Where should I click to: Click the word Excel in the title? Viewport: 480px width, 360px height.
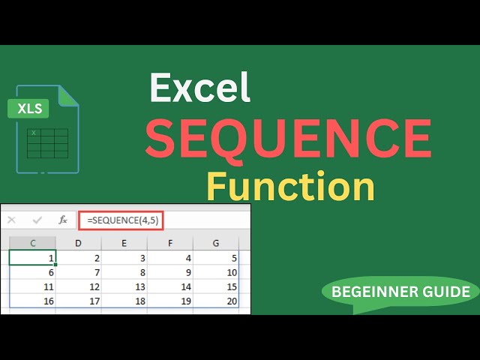pyautogui.click(x=199, y=88)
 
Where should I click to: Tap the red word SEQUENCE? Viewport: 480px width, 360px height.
pyautogui.click(x=288, y=137)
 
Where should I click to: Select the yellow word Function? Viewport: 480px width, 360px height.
pyautogui.click(x=290, y=186)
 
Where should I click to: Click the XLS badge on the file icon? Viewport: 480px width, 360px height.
pyautogui.click(x=29, y=109)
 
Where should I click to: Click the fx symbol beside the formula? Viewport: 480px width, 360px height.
pyautogui.click(x=63, y=220)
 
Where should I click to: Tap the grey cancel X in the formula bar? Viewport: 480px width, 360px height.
pyautogui.click(x=11, y=220)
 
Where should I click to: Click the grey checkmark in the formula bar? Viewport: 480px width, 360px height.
pyautogui.click(x=37, y=220)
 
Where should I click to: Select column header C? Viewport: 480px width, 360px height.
pyautogui.click(x=33, y=242)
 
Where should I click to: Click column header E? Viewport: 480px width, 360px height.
pyautogui.click(x=124, y=242)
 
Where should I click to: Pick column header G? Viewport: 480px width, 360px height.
pyautogui.click(x=216, y=242)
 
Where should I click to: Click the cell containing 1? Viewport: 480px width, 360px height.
pyautogui.click(x=33, y=258)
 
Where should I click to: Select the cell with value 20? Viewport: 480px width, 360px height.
pyautogui.click(x=216, y=301)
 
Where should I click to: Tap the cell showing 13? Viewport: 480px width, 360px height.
pyautogui.click(x=124, y=286)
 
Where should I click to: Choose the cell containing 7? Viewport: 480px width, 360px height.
pyautogui.click(x=79, y=272)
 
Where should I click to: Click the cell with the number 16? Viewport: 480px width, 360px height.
pyautogui.click(x=33, y=301)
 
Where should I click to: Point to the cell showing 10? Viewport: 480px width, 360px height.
pyautogui.click(x=216, y=272)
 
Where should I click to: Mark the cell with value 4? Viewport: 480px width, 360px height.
pyautogui.click(x=170, y=258)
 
